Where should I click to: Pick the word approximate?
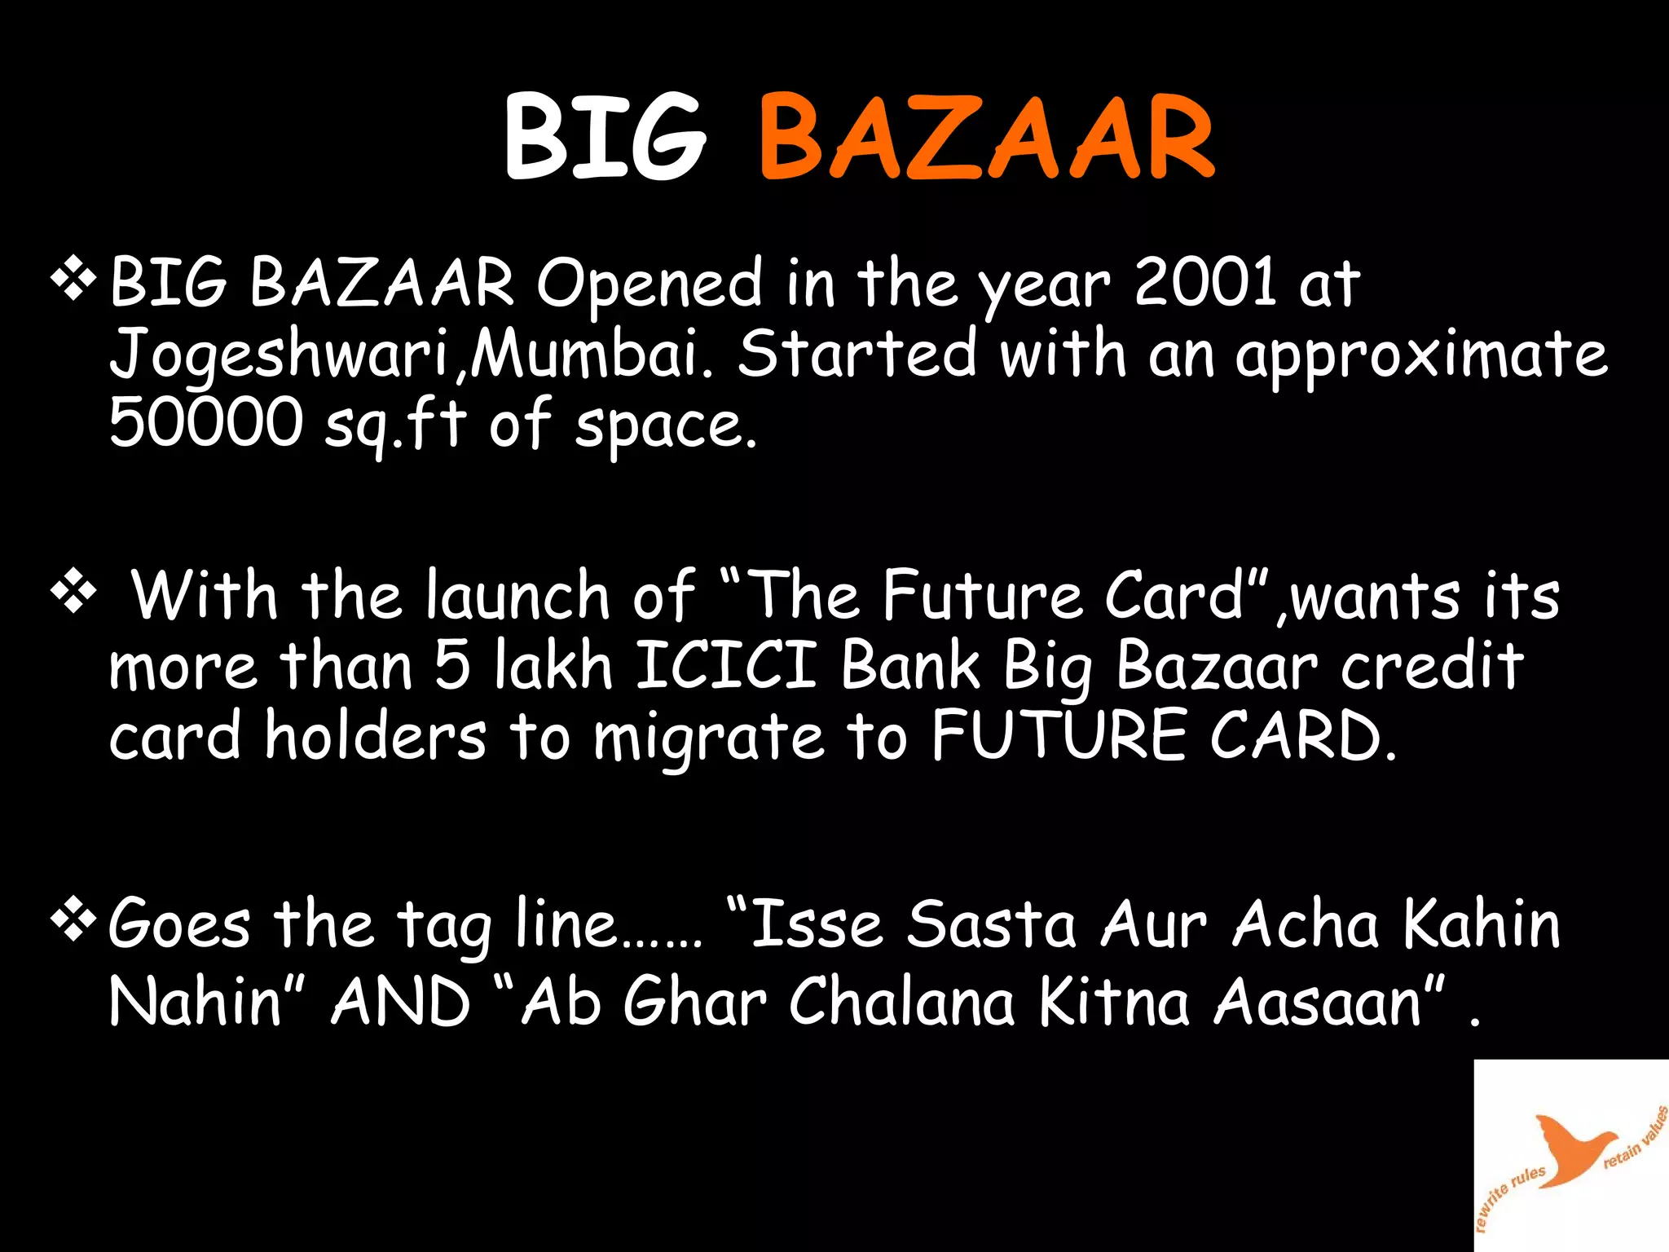point(1421,355)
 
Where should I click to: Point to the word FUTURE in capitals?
point(1059,735)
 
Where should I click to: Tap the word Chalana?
point(901,1002)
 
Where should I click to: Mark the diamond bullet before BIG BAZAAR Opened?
point(73,280)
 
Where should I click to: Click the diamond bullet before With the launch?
point(73,593)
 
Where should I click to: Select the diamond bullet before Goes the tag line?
point(73,922)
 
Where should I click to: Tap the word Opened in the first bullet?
point(649,284)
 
